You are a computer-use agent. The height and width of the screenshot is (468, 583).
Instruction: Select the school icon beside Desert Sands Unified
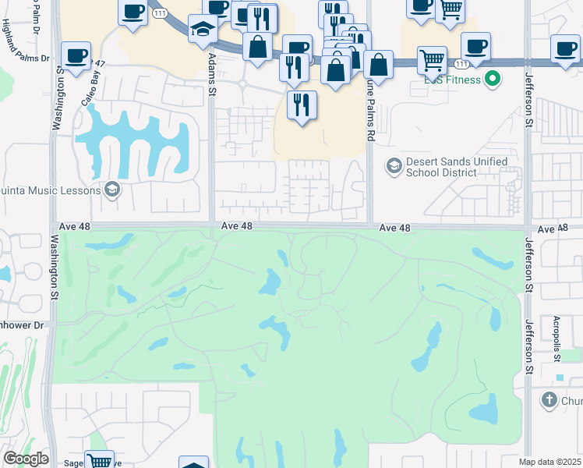pyautogui.click(x=394, y=166)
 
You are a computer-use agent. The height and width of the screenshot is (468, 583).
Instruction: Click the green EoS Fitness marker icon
pyautogui.click(x=492, y=79)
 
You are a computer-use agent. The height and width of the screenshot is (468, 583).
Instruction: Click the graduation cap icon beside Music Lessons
pyautogui.click(x=111, y=190)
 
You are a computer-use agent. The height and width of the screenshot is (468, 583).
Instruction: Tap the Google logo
pyautogui.click(x=25, y=459)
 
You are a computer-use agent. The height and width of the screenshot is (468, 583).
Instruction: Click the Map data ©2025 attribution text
pyautogui.click(x=550, y=462)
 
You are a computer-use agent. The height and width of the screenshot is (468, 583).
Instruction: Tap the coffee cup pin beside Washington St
pyautogui.click(x=76, y=56)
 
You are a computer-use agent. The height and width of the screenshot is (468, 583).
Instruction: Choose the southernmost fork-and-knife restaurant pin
pyautogui.click(x=301, y=103)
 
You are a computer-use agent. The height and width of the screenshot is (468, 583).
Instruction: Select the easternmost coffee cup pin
pyautogui.click(x=564, y=48)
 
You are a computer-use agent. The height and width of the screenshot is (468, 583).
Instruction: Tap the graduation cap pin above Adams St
pyautogui.click(x=203, y=29)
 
